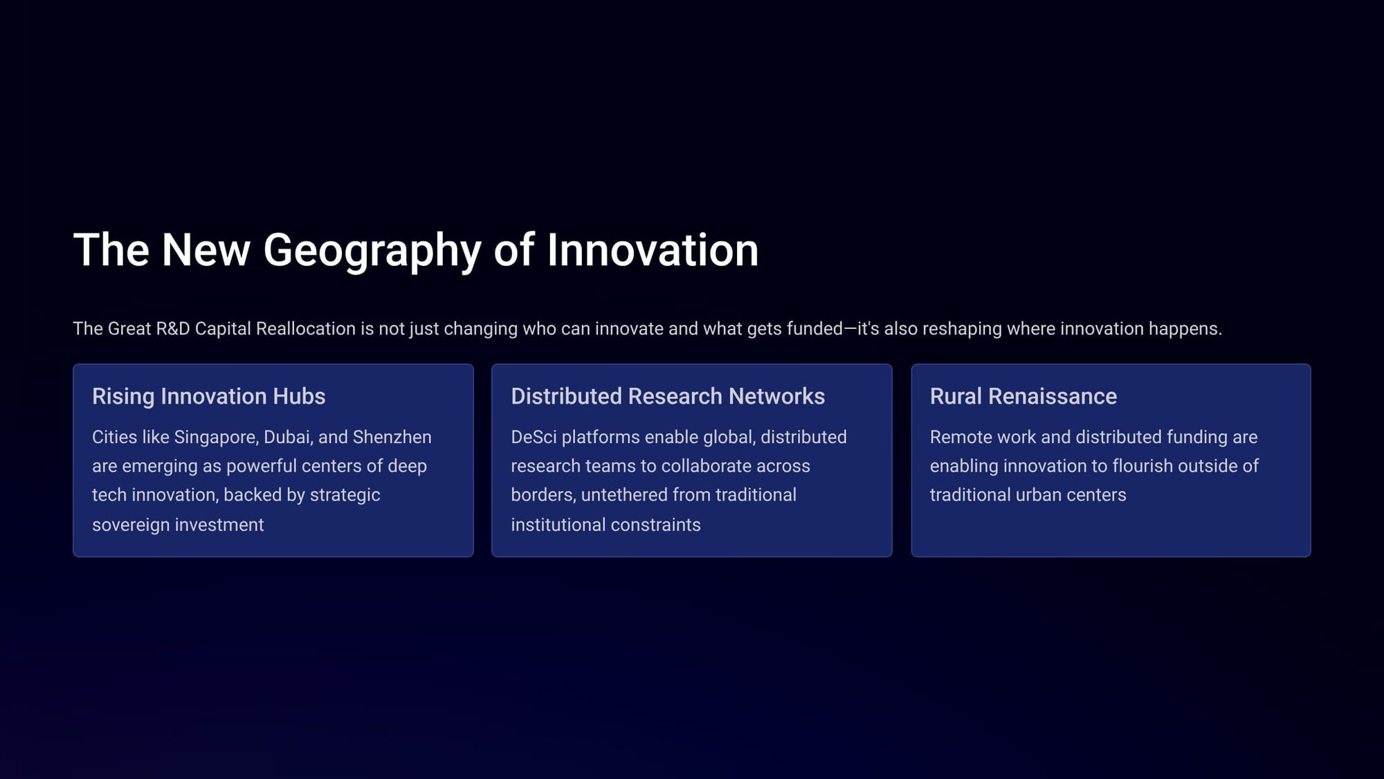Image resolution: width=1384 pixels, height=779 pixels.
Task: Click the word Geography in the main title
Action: point(372,251)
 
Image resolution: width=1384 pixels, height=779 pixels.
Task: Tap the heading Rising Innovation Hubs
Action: point(208,396)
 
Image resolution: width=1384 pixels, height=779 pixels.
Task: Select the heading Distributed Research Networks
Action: point(668,396)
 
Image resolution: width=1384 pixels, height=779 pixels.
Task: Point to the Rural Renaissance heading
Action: point(1023,396)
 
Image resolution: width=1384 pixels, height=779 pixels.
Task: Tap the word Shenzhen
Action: point(392,437)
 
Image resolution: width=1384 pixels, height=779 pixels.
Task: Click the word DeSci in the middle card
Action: point(534,437)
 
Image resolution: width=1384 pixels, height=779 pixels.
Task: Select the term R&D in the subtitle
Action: point(172,328)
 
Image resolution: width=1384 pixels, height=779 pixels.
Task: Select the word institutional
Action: point(558,525)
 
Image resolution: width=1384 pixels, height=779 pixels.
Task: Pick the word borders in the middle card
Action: point(543,495)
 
